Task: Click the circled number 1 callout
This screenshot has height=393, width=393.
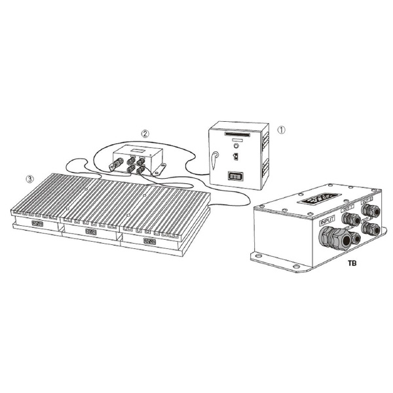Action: [282, 130]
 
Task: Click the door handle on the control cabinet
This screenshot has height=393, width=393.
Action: [215, 157]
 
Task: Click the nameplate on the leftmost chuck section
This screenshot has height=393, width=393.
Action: [37, 225]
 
